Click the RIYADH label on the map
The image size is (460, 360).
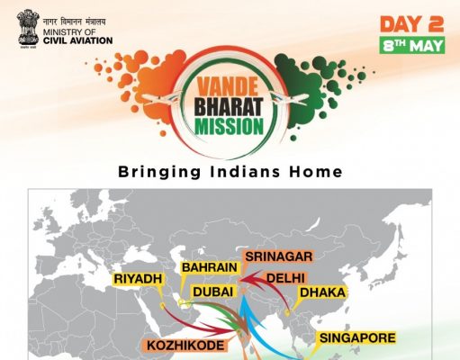(138, 279)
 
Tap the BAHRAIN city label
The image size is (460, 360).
(210, 267)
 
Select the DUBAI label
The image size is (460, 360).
(213, 292)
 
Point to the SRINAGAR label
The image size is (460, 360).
(279, 256)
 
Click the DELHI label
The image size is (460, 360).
(285, 278)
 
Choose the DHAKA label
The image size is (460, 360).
(322, 292)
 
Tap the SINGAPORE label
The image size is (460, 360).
(357, 338)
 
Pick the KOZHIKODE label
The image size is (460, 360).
(185, 346)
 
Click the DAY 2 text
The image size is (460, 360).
(411, 24)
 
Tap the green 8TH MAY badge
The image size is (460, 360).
(412, 45)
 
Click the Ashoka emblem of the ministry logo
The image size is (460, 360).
(28, 29)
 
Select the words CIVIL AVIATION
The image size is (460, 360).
(77, 40)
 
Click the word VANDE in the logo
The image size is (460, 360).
(228, 86)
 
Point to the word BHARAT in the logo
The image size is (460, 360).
(229, 106)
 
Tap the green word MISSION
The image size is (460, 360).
(229, 126)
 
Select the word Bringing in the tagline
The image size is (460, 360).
(159, 172)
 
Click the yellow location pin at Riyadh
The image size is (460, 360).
(162, 306)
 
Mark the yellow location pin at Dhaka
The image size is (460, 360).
(287, 313)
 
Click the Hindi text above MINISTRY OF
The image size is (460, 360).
(75, 22)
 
